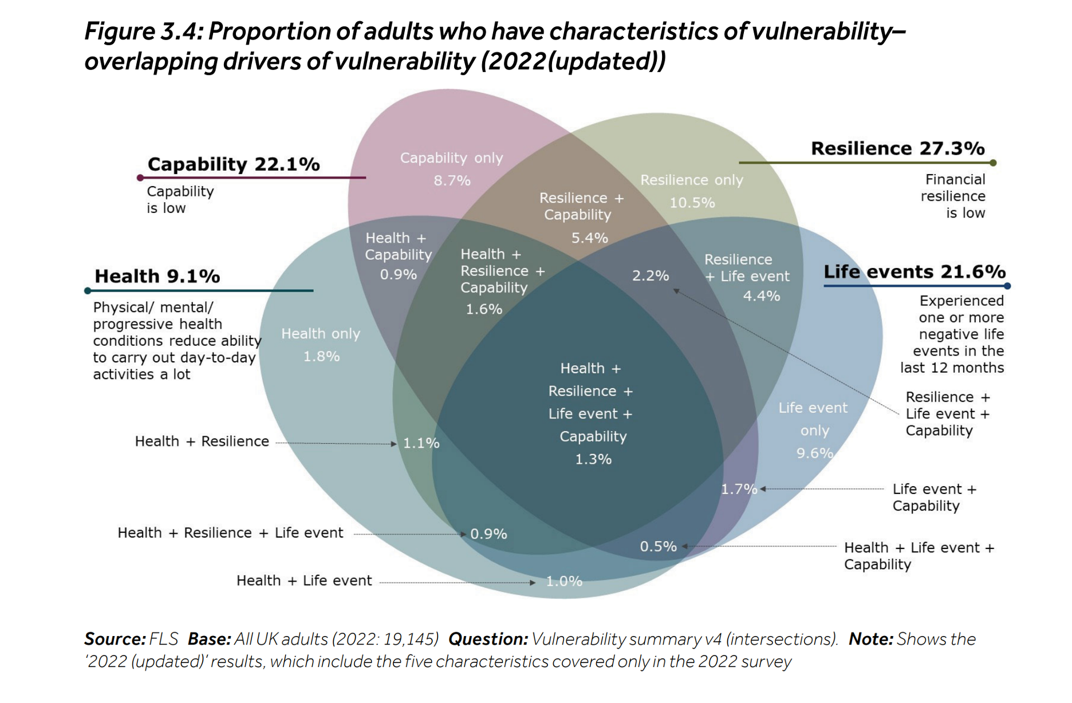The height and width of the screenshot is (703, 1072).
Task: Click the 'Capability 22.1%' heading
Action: (234, 164)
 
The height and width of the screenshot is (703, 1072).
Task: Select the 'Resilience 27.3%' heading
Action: (897, 148)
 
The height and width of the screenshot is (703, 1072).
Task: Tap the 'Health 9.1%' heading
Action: (157, 276)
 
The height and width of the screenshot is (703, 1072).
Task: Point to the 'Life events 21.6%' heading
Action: (914, 271)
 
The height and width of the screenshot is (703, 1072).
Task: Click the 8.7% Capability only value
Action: (452, 181)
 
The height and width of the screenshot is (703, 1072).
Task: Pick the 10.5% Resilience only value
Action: (692, 203)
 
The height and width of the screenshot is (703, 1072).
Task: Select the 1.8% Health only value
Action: (321, 357)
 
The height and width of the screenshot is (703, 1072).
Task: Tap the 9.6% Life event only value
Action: (814, 453)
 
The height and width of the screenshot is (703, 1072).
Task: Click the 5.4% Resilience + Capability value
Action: (589, 238)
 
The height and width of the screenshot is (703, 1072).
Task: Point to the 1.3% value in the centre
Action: (593, 459)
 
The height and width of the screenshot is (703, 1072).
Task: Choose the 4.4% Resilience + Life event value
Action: (761, 296)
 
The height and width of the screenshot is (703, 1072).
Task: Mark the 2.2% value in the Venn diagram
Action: (650, 276)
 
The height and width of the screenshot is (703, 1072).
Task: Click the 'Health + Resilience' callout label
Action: (202, 441)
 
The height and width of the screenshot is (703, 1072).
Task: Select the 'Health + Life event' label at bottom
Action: (304, 580)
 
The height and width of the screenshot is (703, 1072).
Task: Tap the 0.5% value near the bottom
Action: (658, 547)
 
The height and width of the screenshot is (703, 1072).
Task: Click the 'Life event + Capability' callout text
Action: (933, 497)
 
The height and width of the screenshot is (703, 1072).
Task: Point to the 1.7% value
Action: (738, 489)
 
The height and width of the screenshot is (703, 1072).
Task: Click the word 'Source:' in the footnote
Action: (115, 639)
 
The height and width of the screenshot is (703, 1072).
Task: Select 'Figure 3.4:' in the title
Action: (143, 31)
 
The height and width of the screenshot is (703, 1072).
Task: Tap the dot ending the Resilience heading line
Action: (993, 163)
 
